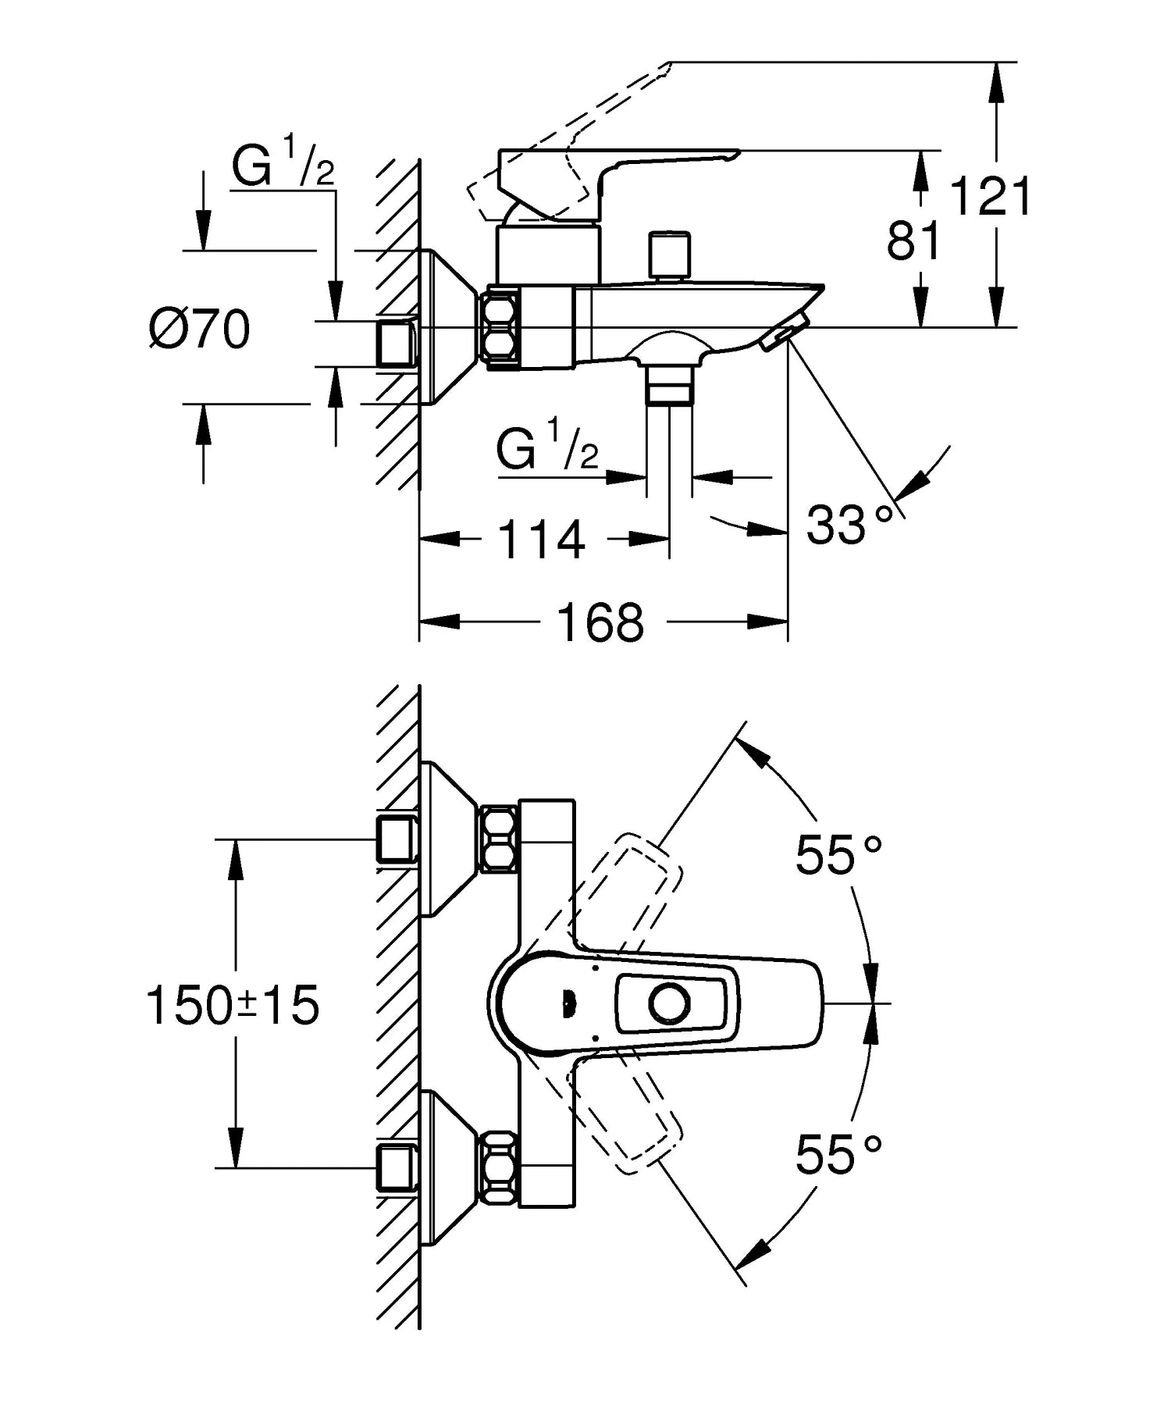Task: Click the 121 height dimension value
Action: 990,196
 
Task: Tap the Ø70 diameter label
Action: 200,329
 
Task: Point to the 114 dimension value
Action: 541,540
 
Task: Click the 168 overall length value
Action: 600,622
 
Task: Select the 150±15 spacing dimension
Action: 233,1005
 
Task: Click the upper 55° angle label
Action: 838,855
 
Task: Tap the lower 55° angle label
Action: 838,1155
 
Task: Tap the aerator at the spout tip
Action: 785,337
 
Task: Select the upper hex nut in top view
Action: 500,840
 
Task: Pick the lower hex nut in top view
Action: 500,1168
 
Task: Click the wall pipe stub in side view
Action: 397,342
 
